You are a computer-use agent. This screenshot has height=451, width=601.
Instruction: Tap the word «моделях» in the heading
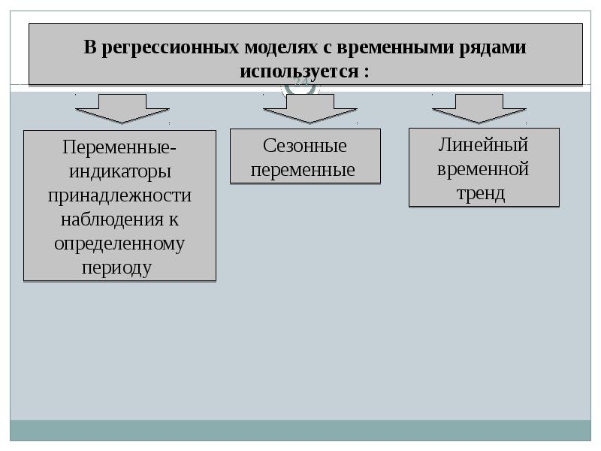pos(281,47)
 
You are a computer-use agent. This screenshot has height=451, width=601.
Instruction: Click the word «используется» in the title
pos(299,71)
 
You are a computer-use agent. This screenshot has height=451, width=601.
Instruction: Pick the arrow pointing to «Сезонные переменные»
pos(310,108)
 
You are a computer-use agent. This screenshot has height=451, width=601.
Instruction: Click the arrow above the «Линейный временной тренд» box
pos(479,108)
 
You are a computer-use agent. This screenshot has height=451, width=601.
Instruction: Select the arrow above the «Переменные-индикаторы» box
pos(122,108)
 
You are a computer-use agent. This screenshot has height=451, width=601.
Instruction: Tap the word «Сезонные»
pos(305,146)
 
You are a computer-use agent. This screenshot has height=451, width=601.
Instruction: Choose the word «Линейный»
pos(483,145)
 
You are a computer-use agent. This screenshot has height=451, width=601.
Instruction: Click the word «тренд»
pos(481,194)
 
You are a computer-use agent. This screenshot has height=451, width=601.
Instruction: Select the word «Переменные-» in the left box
pos(119,147)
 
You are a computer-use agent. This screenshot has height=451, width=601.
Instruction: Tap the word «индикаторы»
pos(120,172)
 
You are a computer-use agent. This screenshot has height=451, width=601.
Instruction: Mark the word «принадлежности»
pos(119,196)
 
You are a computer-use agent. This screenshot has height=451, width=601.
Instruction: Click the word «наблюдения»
pos(112,219)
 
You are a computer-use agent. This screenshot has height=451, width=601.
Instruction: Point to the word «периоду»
pos(116,268)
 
